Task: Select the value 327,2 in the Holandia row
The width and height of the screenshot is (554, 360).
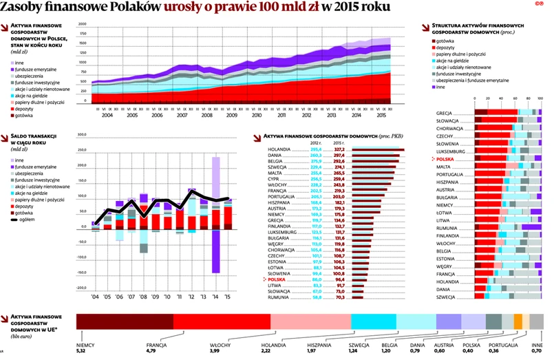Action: click(x=339, y=149)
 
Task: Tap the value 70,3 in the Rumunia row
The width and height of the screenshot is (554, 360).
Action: click(x=339, y=297)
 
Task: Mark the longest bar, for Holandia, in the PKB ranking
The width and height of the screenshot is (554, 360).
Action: click(x=379, y=149)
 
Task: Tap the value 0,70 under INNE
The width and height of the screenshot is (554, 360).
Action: click(x=537, y=351)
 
